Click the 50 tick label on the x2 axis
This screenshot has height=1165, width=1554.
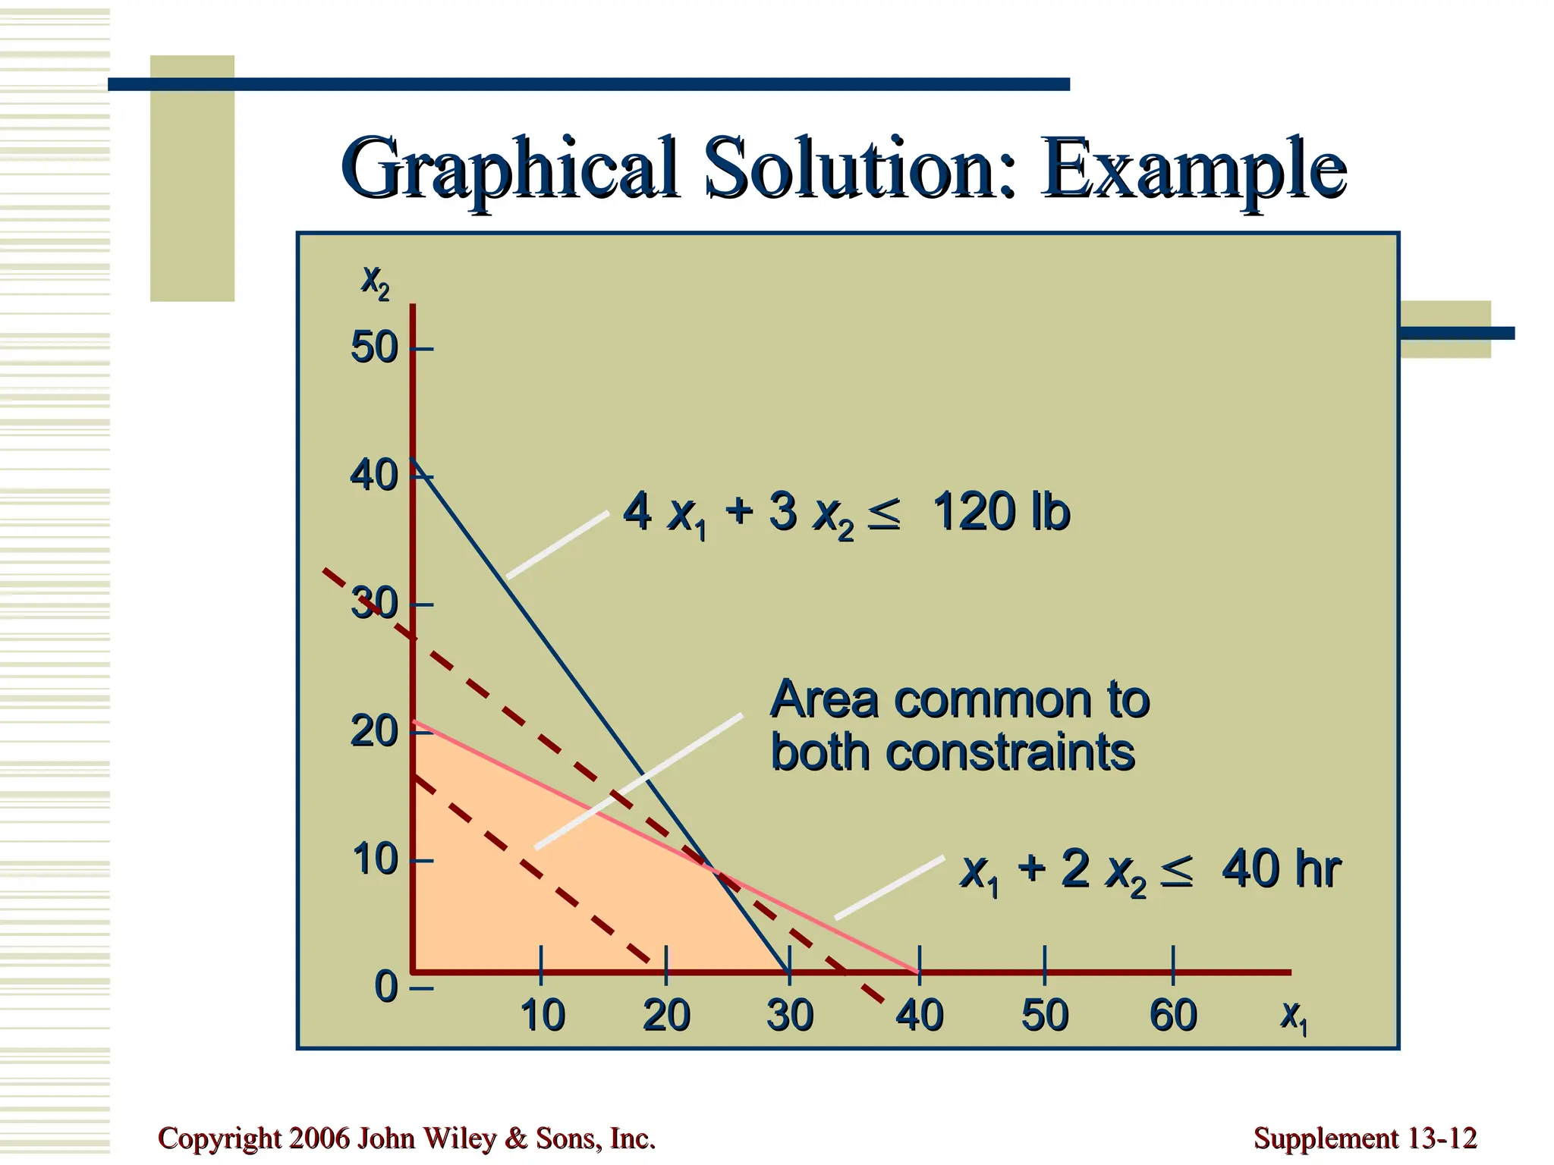point(374,349)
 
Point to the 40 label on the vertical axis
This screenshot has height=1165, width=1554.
point(374,476)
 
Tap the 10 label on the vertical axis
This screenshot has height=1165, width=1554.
point(374,860)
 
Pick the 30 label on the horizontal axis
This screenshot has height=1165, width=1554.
point(790,1016)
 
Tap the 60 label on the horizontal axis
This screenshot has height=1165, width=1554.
point(1173,1016)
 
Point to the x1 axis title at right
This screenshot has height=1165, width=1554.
point(1294,1016)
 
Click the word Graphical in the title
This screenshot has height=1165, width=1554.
point(509,168)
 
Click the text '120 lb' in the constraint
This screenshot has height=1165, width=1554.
point(1001,512)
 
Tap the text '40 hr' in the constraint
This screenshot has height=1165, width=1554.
point(1281,869)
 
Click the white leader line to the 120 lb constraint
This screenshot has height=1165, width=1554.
point(558,545)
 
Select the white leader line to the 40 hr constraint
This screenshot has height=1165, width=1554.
point(889,887)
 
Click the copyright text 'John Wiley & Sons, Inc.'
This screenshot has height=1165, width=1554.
point(506,1138)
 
